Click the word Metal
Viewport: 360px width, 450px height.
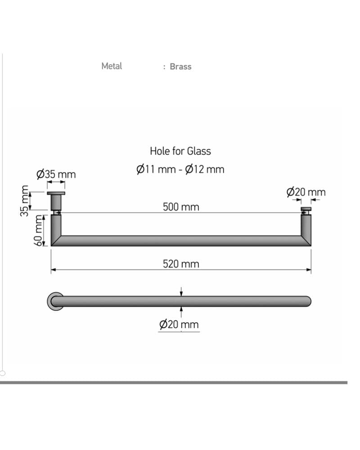[112, 66]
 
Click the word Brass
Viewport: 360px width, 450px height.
[180, 67]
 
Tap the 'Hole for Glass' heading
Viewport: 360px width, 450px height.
[180, 151]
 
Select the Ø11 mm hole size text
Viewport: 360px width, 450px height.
[156, 169]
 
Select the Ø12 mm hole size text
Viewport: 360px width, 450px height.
[205, 169]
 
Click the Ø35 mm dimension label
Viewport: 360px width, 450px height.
[56, 174]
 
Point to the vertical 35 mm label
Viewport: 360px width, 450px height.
[25, 201]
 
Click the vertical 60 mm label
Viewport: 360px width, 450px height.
[38, 230]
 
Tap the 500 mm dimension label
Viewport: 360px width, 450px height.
[181, 207]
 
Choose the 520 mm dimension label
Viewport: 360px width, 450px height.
[181, 264]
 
